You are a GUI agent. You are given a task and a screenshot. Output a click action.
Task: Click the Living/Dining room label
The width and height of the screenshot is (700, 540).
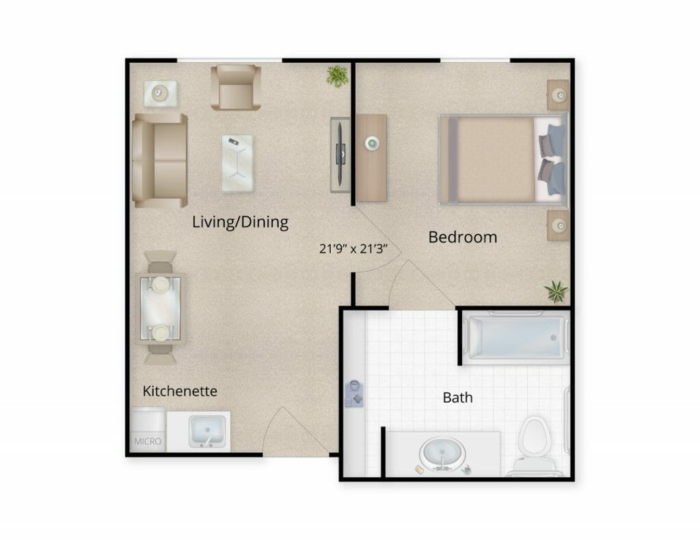[x=240, y=222]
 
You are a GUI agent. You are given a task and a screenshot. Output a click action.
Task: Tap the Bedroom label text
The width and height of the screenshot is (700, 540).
[x=463, y=237]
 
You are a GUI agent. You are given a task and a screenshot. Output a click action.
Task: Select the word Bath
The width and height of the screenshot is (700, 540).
[x=457, y=397]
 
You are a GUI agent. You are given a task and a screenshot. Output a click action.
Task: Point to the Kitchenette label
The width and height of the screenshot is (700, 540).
[x=180, y=391]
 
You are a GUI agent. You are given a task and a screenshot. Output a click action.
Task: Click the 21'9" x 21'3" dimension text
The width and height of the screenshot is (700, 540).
[x=353, y=248]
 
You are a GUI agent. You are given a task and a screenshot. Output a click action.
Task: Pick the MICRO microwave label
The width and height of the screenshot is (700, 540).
[x=148, y=442]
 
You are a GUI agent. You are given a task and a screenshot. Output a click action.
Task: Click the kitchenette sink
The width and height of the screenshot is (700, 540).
[x=207, y=431]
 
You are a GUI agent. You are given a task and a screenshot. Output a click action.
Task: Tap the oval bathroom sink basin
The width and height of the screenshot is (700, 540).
[x=442, y=454]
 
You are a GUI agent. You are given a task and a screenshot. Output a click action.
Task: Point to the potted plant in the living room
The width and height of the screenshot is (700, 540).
[x=337, y=76]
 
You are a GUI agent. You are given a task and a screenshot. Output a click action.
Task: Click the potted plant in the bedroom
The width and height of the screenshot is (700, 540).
[x=556, y=292]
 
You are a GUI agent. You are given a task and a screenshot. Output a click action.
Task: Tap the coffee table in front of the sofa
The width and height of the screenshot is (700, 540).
[x=237, y=163]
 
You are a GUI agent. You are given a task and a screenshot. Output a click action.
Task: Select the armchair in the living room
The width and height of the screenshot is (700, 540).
[x=236, y=87]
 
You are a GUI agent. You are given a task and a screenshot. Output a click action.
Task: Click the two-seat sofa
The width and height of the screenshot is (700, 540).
[x=160, y=160]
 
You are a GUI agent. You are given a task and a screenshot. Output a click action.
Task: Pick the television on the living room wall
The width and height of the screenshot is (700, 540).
[x=340, y=154]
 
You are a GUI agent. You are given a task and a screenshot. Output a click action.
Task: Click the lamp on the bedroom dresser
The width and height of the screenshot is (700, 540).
[x=371, y=143]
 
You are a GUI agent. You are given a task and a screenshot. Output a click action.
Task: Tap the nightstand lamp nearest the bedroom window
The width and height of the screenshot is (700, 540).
[x=559, y=95]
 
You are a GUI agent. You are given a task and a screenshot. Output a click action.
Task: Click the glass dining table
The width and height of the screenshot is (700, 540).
[x=160, y=308]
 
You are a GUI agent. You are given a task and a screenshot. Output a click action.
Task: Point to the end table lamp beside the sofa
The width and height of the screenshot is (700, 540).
[x=159, y=94]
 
